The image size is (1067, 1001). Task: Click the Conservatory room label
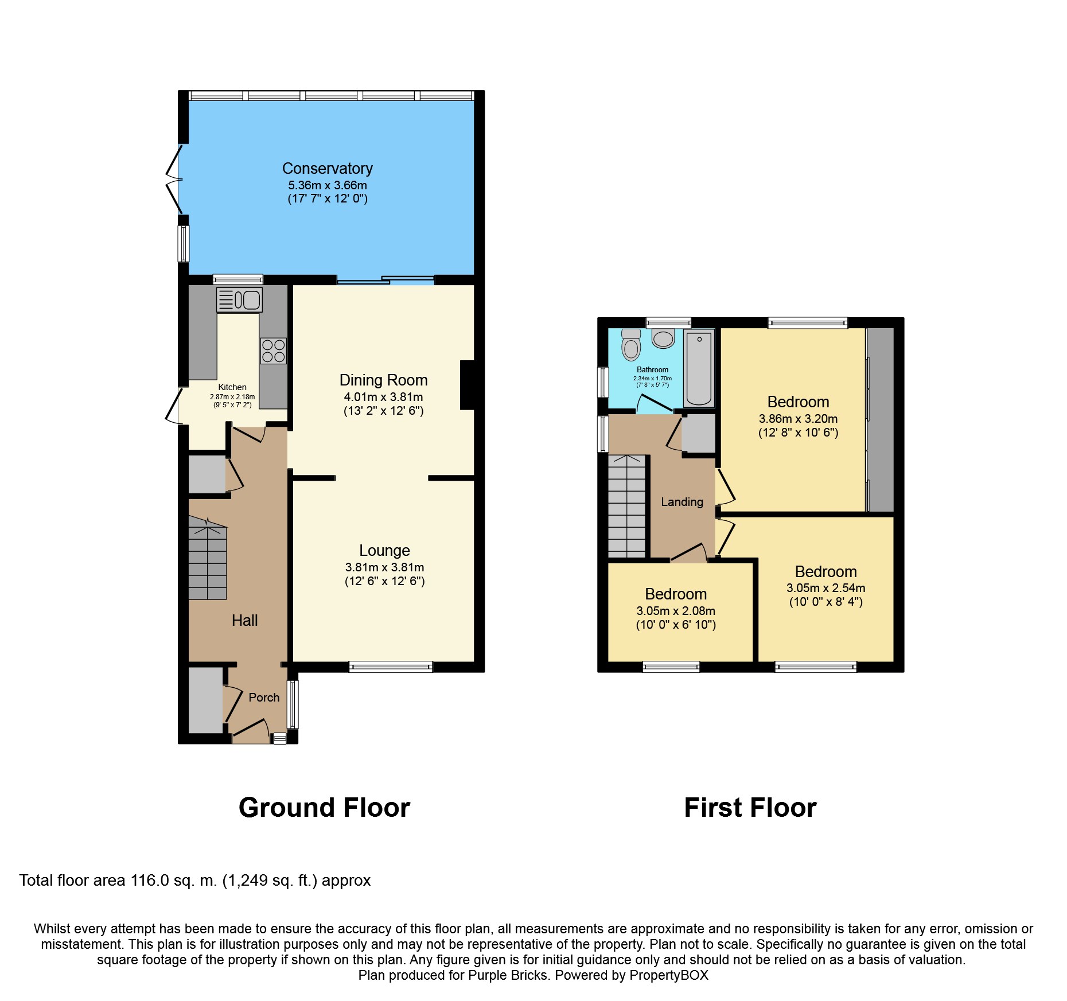point(327,168)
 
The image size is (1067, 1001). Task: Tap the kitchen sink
point(239,299)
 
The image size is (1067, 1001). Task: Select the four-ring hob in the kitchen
point(273,351)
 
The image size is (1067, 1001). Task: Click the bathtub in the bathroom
point(699,368)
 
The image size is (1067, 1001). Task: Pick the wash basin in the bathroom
point(663,338)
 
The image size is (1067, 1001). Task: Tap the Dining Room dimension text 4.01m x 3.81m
point(383,397)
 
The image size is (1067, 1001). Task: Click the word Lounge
point(384,551)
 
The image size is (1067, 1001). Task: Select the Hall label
point(244,620)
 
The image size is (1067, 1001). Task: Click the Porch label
point(264,698)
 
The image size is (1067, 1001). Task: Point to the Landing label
point(682,502)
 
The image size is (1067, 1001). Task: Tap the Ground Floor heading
point(324,808)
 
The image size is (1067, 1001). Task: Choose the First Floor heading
point(750,808)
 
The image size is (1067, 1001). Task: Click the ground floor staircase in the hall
point(208,558)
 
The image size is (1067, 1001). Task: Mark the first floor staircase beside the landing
point(627,507)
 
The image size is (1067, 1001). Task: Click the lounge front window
point(391,667)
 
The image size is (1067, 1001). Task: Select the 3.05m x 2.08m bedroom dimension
point(676,611)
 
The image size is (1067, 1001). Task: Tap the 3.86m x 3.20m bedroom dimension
point(798,419)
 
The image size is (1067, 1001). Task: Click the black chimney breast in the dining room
point(468,385)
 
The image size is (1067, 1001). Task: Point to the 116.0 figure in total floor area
point(150,881)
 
